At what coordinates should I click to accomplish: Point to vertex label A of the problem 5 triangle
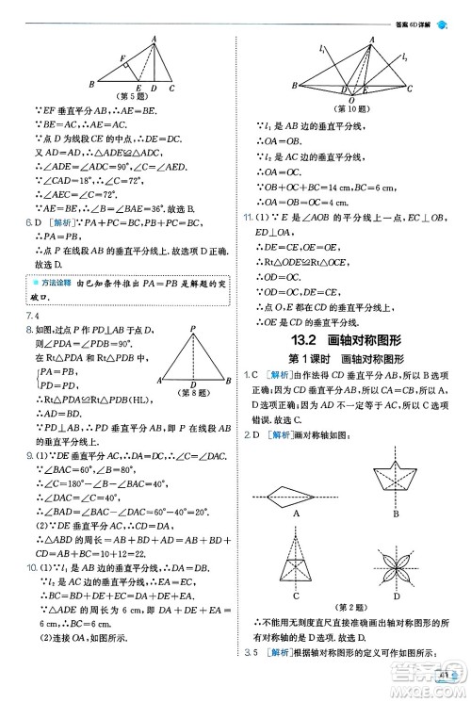[x=153, y=39]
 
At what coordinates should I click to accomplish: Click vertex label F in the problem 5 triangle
[x=123, y=59]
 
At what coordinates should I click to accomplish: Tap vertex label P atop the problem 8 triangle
[x=193, y=328]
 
